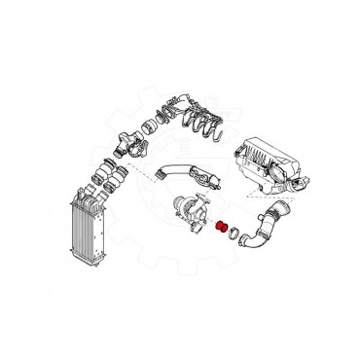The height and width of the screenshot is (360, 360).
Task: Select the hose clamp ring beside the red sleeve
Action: (234, 233)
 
